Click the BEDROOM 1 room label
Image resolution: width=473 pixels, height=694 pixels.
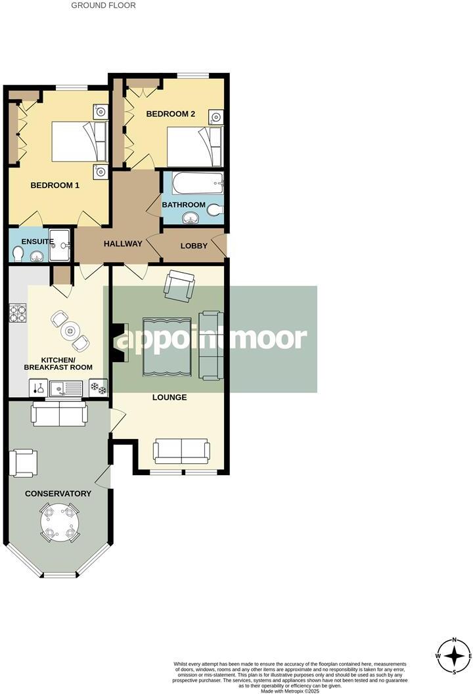point(55,185)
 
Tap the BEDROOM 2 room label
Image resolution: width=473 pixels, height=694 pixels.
point(171,114)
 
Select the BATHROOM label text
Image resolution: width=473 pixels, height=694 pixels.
point(184,205)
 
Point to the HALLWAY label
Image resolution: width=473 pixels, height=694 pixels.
point(123,244)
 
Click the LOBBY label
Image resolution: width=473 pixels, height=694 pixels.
point(194,246)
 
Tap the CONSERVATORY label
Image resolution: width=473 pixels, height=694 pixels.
point(58,494)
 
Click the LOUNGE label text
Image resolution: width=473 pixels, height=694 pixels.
point(169,397)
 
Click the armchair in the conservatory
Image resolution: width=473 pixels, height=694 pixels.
point(24,463)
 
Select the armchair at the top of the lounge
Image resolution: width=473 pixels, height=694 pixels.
point(179,284)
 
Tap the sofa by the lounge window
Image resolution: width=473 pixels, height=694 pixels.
point(181,451)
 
